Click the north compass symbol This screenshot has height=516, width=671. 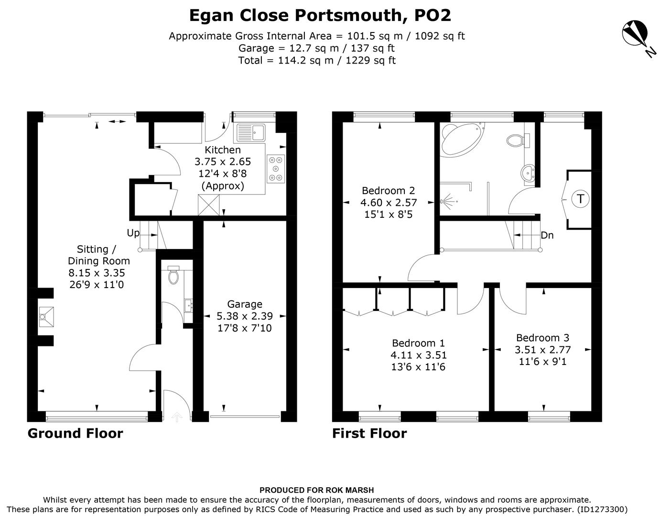tap(635, 33)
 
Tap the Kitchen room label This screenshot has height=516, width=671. tap(223, 150)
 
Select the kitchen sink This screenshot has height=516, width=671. tap(250, 132)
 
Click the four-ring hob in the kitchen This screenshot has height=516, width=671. tap(276, 169)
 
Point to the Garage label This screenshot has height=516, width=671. tap(245, 304)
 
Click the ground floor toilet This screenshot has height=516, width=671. tap(173, 275)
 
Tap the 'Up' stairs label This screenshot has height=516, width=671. tap(133, 233)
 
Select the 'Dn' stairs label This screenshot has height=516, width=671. tap(547, 235)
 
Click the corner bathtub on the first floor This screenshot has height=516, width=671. tap(460, 139)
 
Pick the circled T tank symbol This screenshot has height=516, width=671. tap(580, 198)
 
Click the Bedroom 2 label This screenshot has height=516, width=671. tap(388, 190)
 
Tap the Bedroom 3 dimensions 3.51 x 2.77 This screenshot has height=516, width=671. tap(542, 350)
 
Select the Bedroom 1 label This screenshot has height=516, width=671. tap(418, 343)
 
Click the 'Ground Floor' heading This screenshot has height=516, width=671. tap(75, 433)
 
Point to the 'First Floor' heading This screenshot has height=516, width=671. tap(369, 433)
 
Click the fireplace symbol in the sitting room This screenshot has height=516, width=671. tap(46, 315)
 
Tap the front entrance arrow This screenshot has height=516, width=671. tap(177, 417)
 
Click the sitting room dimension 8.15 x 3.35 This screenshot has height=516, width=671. tap(97, 273)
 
